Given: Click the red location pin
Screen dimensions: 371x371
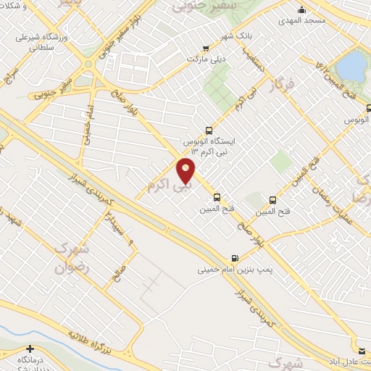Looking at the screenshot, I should [x=186, y=171].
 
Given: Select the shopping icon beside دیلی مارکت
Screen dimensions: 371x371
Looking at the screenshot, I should [x=214, y=46].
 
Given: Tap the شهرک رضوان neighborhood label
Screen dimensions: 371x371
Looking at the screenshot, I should [x=71, y=257].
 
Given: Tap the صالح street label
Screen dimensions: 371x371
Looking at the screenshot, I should [x=118, y=275].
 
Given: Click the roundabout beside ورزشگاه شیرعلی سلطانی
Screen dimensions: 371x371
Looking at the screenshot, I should [x=88, y=64].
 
